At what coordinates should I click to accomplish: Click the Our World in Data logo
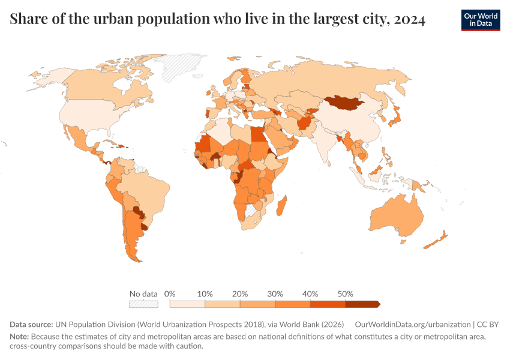coord(480,20)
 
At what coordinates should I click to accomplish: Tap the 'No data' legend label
coord(143,294)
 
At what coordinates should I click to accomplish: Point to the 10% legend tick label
coord(205,294)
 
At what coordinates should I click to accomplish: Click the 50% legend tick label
coord(345,294)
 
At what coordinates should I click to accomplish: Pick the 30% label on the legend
coord(275,294)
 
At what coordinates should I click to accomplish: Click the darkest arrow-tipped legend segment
coord(362,304)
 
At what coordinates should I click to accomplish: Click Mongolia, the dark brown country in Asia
coord(345,103)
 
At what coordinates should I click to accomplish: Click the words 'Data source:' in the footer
coord(31,325)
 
